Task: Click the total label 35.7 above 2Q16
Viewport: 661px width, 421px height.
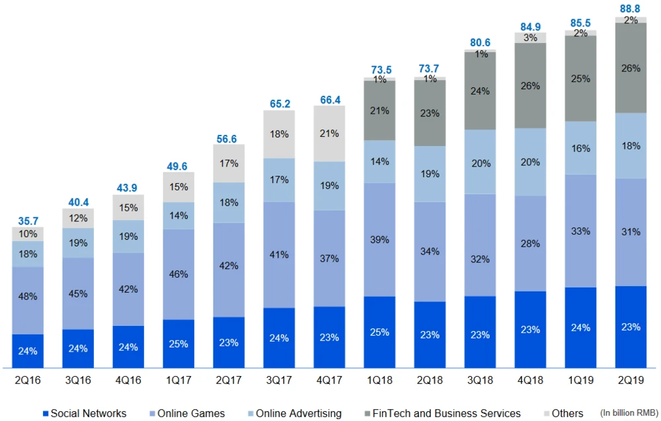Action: coord(28,221)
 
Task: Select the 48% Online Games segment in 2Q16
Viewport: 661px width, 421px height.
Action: coord(28,297)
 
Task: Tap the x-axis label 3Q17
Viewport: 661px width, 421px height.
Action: coord(279,381)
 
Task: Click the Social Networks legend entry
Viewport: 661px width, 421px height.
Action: coord(84,414)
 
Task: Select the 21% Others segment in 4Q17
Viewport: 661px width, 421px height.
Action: coord(329,134)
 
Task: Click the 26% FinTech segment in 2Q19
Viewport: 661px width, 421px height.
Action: coord(631,68)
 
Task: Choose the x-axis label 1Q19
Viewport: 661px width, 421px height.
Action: coord(580,381)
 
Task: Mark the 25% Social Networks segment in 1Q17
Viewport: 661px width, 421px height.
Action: coord(178,344)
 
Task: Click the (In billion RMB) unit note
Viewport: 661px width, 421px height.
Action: coord(627,413)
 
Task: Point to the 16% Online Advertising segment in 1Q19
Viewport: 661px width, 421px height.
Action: coord(580,148)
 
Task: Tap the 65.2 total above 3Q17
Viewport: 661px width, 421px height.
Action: coord(279,104)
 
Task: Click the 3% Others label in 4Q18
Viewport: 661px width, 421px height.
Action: coord(530,38)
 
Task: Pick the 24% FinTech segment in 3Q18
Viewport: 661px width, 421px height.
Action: coord(480,91)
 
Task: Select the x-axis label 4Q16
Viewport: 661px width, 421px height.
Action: coord(128,381)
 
